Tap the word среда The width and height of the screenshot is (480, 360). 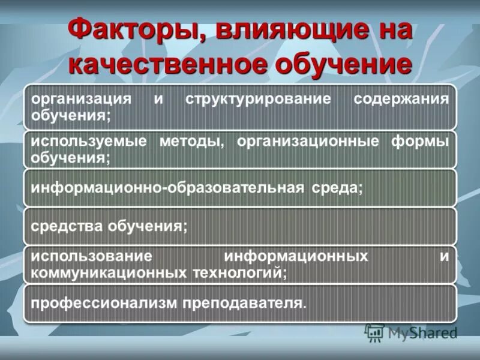(x=337, y=188)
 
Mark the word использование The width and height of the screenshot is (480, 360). (x=87, y=256)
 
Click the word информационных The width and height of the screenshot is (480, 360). (x=296, y=256)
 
